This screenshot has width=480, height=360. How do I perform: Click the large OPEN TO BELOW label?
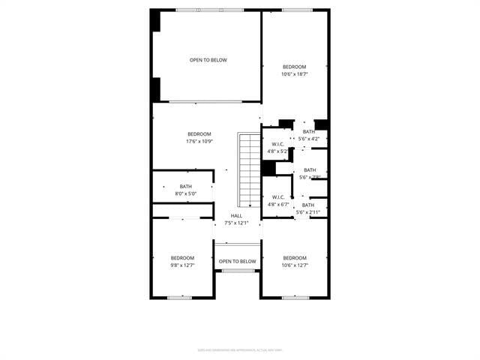208,60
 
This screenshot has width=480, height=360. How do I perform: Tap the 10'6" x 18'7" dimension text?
295,74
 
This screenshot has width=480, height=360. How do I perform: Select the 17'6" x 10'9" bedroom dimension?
199,142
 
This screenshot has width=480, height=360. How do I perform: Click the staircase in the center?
248,170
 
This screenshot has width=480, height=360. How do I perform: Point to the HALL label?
236,215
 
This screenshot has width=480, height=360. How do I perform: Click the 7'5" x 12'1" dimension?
236,223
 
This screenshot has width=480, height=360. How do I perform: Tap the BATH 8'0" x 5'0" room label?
186,190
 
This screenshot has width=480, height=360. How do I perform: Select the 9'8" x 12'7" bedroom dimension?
182,265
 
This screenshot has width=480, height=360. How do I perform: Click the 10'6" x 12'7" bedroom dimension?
295,265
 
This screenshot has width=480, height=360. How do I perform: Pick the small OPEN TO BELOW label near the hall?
237,262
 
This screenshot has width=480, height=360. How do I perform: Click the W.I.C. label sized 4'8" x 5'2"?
277,144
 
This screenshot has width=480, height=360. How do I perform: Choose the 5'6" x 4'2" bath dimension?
309,139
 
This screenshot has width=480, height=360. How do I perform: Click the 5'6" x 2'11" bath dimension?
308,212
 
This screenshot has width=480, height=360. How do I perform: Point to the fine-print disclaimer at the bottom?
240,349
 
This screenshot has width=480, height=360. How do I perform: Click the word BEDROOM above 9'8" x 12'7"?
182,258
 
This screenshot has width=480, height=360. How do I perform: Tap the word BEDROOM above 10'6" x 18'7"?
295,67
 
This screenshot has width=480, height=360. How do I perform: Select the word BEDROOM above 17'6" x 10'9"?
199,134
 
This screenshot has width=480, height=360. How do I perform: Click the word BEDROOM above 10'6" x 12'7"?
295,258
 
